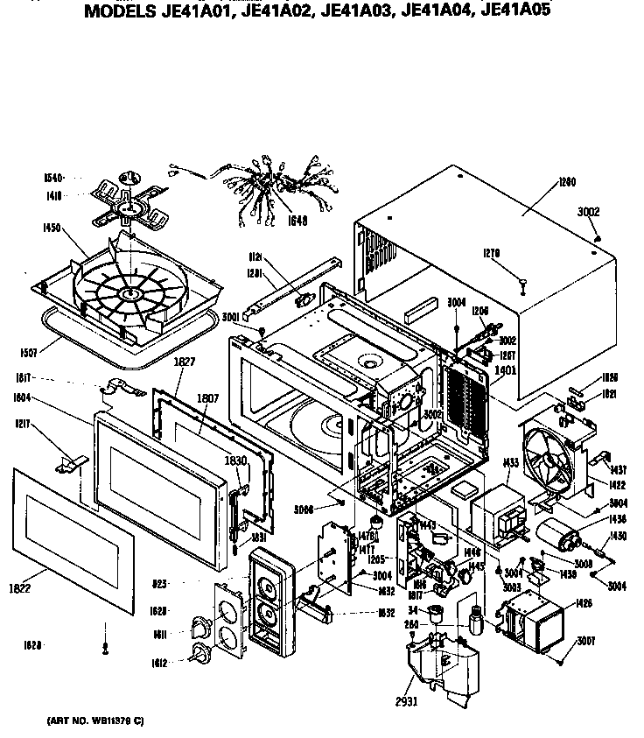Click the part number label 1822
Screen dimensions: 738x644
[x=19, y=587]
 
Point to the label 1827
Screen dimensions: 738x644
[x=184, y=362]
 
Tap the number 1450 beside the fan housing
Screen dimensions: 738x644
[x=51, y=228]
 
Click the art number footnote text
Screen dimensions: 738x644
[x=95, y=720]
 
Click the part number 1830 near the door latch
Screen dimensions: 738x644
[x=235, y=460]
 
